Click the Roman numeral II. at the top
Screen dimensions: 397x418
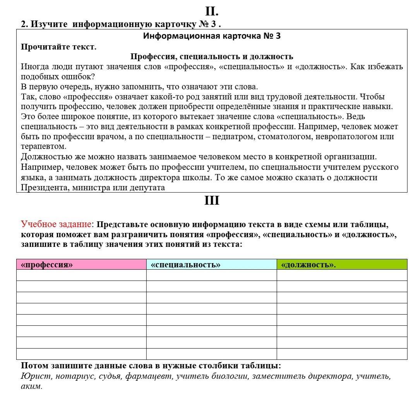click(x=211, y=11)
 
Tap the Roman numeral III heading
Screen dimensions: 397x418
click(x=211, y=200)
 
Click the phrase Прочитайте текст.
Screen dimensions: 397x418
click(x=58, y=47)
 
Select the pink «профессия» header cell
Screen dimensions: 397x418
click(x=81, y=265)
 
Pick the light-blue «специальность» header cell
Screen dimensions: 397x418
click(x=211, y=265)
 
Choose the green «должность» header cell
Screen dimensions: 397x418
click(x=342, y=265)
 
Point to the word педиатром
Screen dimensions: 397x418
click(x=231, y=137)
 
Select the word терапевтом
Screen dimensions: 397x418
click(x=43, y=147)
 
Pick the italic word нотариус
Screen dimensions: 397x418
click(x=72, y=376)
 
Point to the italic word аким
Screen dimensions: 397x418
click(x=31, y=386)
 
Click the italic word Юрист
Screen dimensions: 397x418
click(x=36, y=376)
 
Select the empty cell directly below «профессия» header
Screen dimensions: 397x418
click(x=81, y=275)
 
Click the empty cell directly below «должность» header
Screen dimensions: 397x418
click(x=342, y=275)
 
